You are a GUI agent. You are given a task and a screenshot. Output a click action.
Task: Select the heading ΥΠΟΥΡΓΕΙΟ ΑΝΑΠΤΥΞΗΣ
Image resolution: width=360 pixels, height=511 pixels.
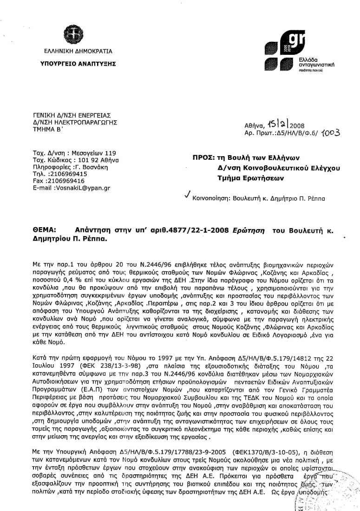coord(76,63)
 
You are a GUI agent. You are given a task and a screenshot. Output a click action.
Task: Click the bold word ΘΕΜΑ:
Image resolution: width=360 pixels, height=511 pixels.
coord(45,230)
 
